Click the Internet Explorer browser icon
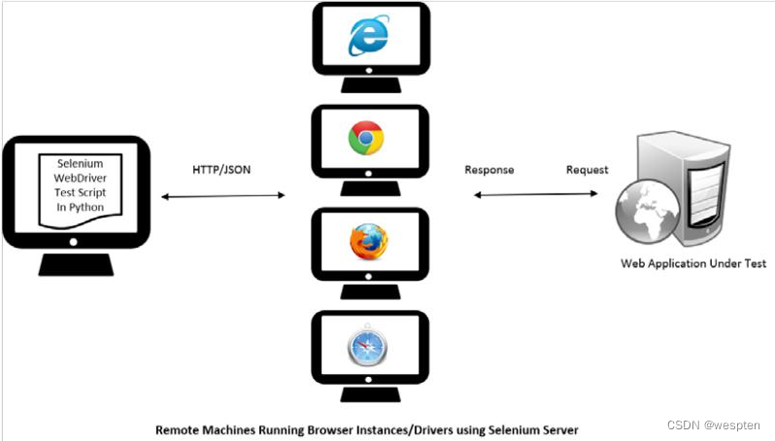[368, 38]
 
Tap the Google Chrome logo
[367, 139]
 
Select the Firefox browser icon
[368, 240]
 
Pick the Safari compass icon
[368, 345]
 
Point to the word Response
[489, 170]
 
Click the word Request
[587, 170]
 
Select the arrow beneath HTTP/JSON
[222, 196]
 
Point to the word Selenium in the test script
[80, 164]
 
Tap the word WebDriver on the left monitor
[80, 179]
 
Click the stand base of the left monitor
[80, 265]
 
